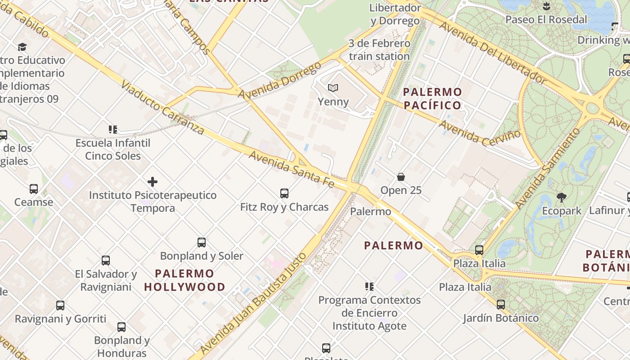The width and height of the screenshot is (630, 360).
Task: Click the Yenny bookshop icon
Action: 333,88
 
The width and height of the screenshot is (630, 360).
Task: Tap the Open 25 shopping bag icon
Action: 400,177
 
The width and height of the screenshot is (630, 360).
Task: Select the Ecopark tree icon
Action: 561,197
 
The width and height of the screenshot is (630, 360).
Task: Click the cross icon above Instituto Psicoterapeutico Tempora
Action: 153,182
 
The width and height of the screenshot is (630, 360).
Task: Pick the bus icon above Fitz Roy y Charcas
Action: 284,193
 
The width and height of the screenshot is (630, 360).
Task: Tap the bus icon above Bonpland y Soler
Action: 202,243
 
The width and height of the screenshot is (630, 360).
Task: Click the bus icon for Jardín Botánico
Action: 501,305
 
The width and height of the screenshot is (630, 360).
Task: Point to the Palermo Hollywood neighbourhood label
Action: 184,280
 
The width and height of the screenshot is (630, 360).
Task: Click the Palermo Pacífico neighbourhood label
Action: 432,99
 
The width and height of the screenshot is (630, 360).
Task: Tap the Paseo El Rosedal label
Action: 546,19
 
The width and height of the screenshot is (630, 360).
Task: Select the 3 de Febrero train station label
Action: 379,50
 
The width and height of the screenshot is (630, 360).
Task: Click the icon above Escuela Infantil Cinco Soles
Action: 113,130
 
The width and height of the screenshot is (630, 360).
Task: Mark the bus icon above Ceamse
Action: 34,189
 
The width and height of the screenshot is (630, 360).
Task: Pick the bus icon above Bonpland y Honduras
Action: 121,327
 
